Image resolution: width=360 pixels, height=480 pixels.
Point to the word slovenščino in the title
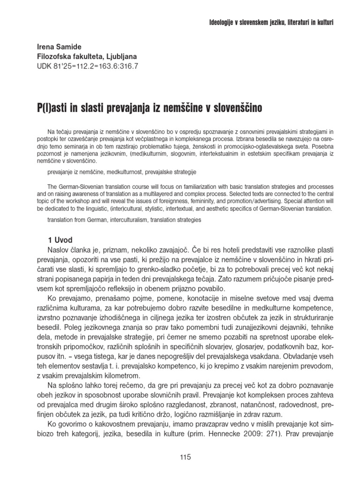tap(234, 107)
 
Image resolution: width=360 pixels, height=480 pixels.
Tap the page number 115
tap(186, 458)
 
